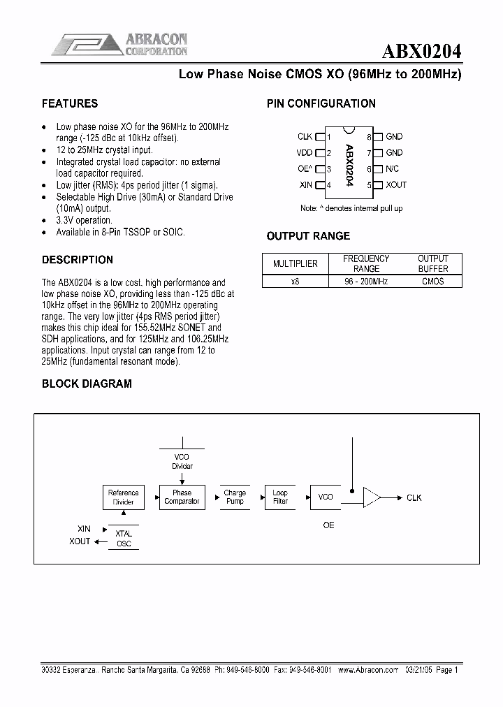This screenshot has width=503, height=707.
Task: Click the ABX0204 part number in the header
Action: pos(421,51)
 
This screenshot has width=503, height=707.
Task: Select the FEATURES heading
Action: pos(70,103)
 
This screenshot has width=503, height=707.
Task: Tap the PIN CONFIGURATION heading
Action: pos(321,103)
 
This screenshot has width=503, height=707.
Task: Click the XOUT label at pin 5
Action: pos(395,185)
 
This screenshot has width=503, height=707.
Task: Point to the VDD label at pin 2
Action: pos(304,153)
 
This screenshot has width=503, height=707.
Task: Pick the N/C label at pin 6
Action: pos(392,169)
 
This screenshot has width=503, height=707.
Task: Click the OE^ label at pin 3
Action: pos(305,169)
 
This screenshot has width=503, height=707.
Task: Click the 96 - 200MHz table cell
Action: pos(367,282)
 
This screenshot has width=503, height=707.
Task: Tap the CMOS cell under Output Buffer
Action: pos(432,282)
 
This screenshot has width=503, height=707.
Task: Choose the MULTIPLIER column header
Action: pos(295,263)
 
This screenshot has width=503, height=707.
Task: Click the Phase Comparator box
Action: pos(182,497)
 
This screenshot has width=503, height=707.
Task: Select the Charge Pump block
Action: pos(235,497)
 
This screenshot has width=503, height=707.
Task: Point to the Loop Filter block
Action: pos(280,497)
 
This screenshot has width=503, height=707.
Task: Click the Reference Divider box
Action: pos(124,497)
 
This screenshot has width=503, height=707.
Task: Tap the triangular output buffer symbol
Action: pos(372,497)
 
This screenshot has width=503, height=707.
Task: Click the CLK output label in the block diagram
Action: pos(414,498)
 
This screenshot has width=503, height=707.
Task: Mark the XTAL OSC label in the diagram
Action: pos(124,538)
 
